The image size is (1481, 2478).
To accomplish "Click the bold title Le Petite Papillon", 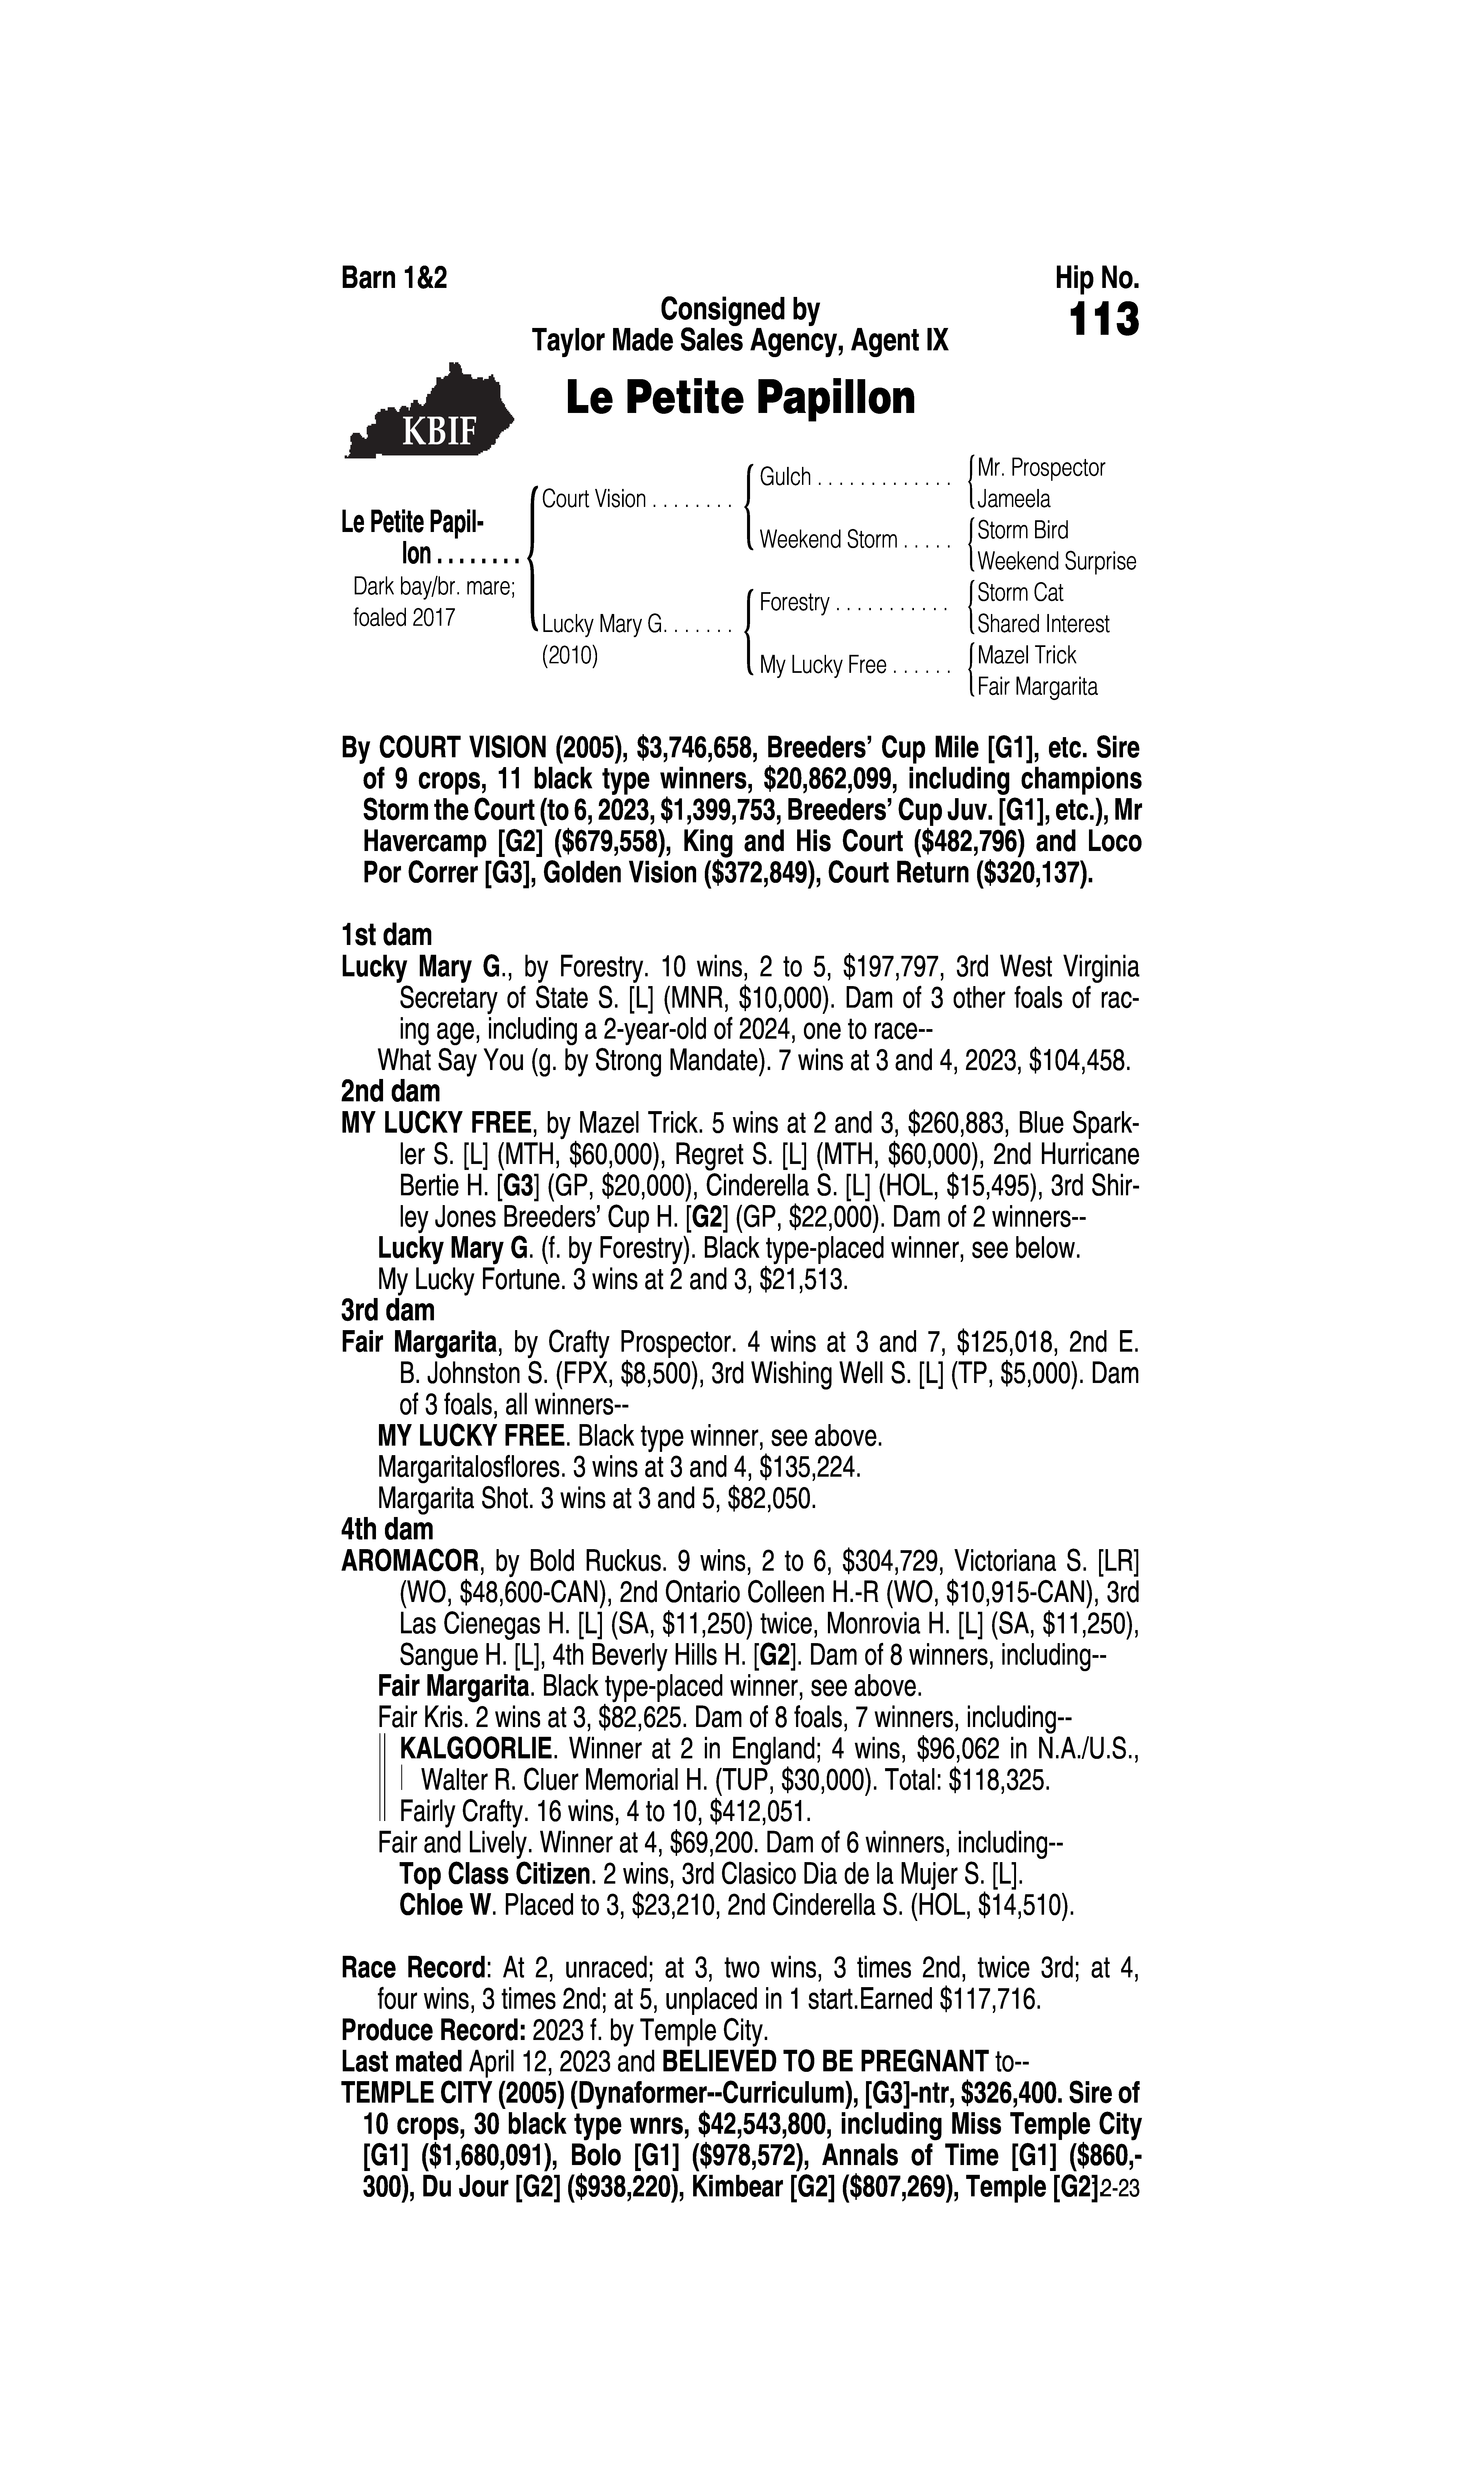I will point(739,398).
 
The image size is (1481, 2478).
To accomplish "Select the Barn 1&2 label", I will point(394,278).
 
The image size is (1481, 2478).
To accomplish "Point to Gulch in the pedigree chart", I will point(785,477).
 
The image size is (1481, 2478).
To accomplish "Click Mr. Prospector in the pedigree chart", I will point(1041,467).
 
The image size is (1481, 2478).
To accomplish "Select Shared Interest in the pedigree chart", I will point(1043,624).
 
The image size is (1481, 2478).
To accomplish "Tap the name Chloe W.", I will point(447,1905).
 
